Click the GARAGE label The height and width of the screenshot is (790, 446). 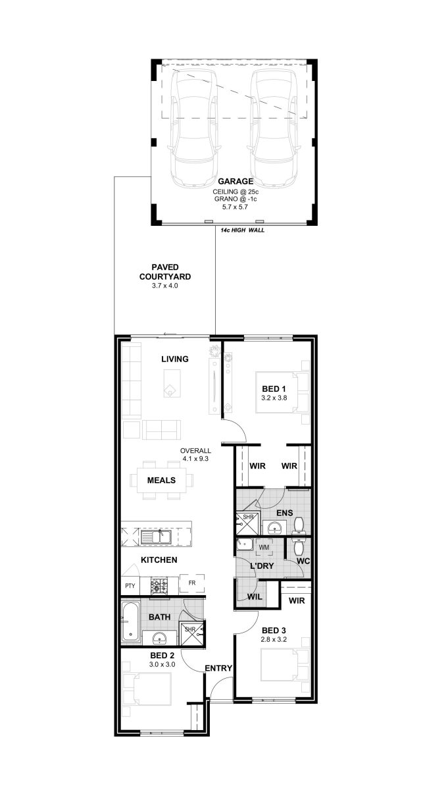tap(235, 181)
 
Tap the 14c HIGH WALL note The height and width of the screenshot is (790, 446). tap(242, 230)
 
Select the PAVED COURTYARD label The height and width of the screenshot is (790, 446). tap(165, 272)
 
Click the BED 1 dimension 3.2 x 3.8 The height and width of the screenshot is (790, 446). tap(274, 398)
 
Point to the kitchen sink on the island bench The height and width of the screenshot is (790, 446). tap(156, 537)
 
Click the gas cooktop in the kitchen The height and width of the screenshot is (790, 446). tap(159, 585)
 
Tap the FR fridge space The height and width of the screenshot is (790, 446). tap(192, 583)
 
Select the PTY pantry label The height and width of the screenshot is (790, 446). tap(130, 586)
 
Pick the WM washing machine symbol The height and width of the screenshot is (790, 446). tap(264, 547)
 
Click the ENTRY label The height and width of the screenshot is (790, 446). tap(218, 668)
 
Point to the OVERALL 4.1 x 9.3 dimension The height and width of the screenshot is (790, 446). tap(195, 455)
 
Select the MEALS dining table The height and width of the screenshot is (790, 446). tap(161, 480)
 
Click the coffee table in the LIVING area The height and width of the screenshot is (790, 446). tap(172, 383)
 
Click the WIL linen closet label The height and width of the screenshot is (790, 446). tap(255, 596)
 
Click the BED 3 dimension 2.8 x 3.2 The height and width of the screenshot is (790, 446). tap(274, 639)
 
